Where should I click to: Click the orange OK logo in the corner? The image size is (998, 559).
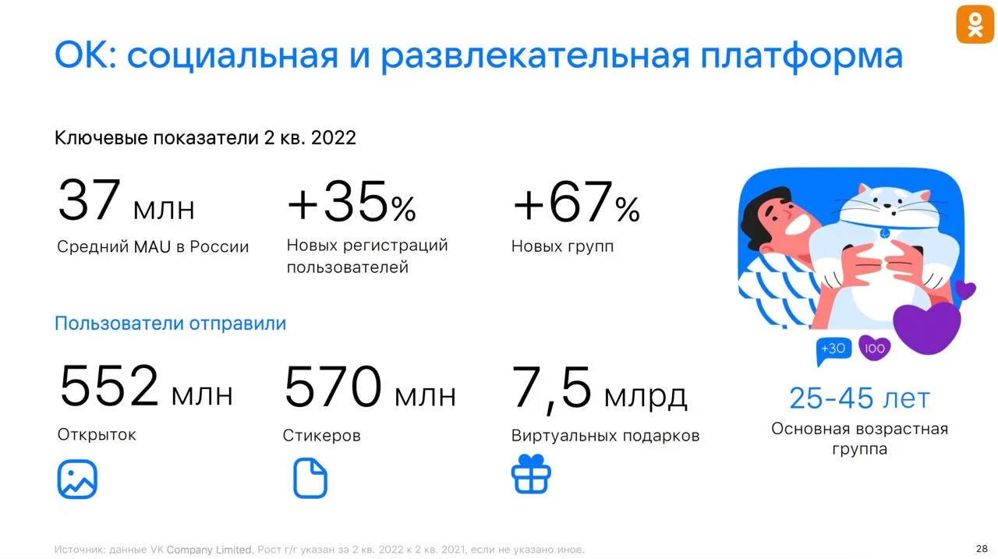click(x=975, y=24)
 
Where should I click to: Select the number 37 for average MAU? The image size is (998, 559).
click(x=89, y=199)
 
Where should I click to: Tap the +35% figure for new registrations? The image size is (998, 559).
click(x=352, y=201)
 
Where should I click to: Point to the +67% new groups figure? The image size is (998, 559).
click(x=576, y=201)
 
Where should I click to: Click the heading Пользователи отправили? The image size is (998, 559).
click(x=170, y=324)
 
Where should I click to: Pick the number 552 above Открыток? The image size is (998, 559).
click(x=109, y=386)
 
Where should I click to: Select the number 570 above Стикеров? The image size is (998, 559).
click(x=333, y=386)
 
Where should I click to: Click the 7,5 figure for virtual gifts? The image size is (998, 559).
click(x=551, y=388)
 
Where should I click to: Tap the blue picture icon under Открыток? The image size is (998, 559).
click(x=77, y=479)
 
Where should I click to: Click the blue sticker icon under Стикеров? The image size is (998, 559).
click(x=310, y=478)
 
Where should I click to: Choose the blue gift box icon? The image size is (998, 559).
click(x=531, y=474)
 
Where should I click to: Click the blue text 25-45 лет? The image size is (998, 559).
click(x=859, y=398)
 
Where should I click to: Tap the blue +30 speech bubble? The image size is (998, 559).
click(x=833, y=350)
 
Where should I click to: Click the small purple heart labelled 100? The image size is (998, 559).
click(x=874, y=348)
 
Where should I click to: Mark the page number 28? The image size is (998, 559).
click(x=982, y=549)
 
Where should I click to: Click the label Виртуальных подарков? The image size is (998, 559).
click(x=605, y=436)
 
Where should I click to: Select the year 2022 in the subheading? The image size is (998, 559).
click(x=333, y=138)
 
